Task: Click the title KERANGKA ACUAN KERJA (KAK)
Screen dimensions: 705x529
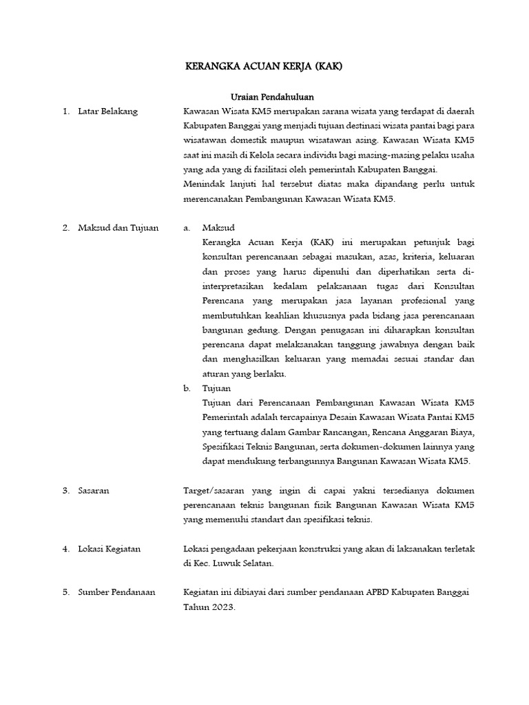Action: point(264,67)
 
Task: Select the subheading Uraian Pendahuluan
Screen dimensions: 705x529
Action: point(271,97)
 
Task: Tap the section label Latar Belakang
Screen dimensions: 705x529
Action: point(108,112)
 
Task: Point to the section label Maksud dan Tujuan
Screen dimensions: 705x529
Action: point(118,228)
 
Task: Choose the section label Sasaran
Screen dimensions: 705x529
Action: point(94,490)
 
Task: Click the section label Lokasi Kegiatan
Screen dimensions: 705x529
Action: point(110,549)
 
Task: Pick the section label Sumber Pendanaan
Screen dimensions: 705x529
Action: point(116,592)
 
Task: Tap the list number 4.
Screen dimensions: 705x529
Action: point(65,549)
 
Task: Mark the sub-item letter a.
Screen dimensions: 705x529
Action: point(186,228)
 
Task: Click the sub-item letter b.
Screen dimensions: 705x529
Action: point(187,388)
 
